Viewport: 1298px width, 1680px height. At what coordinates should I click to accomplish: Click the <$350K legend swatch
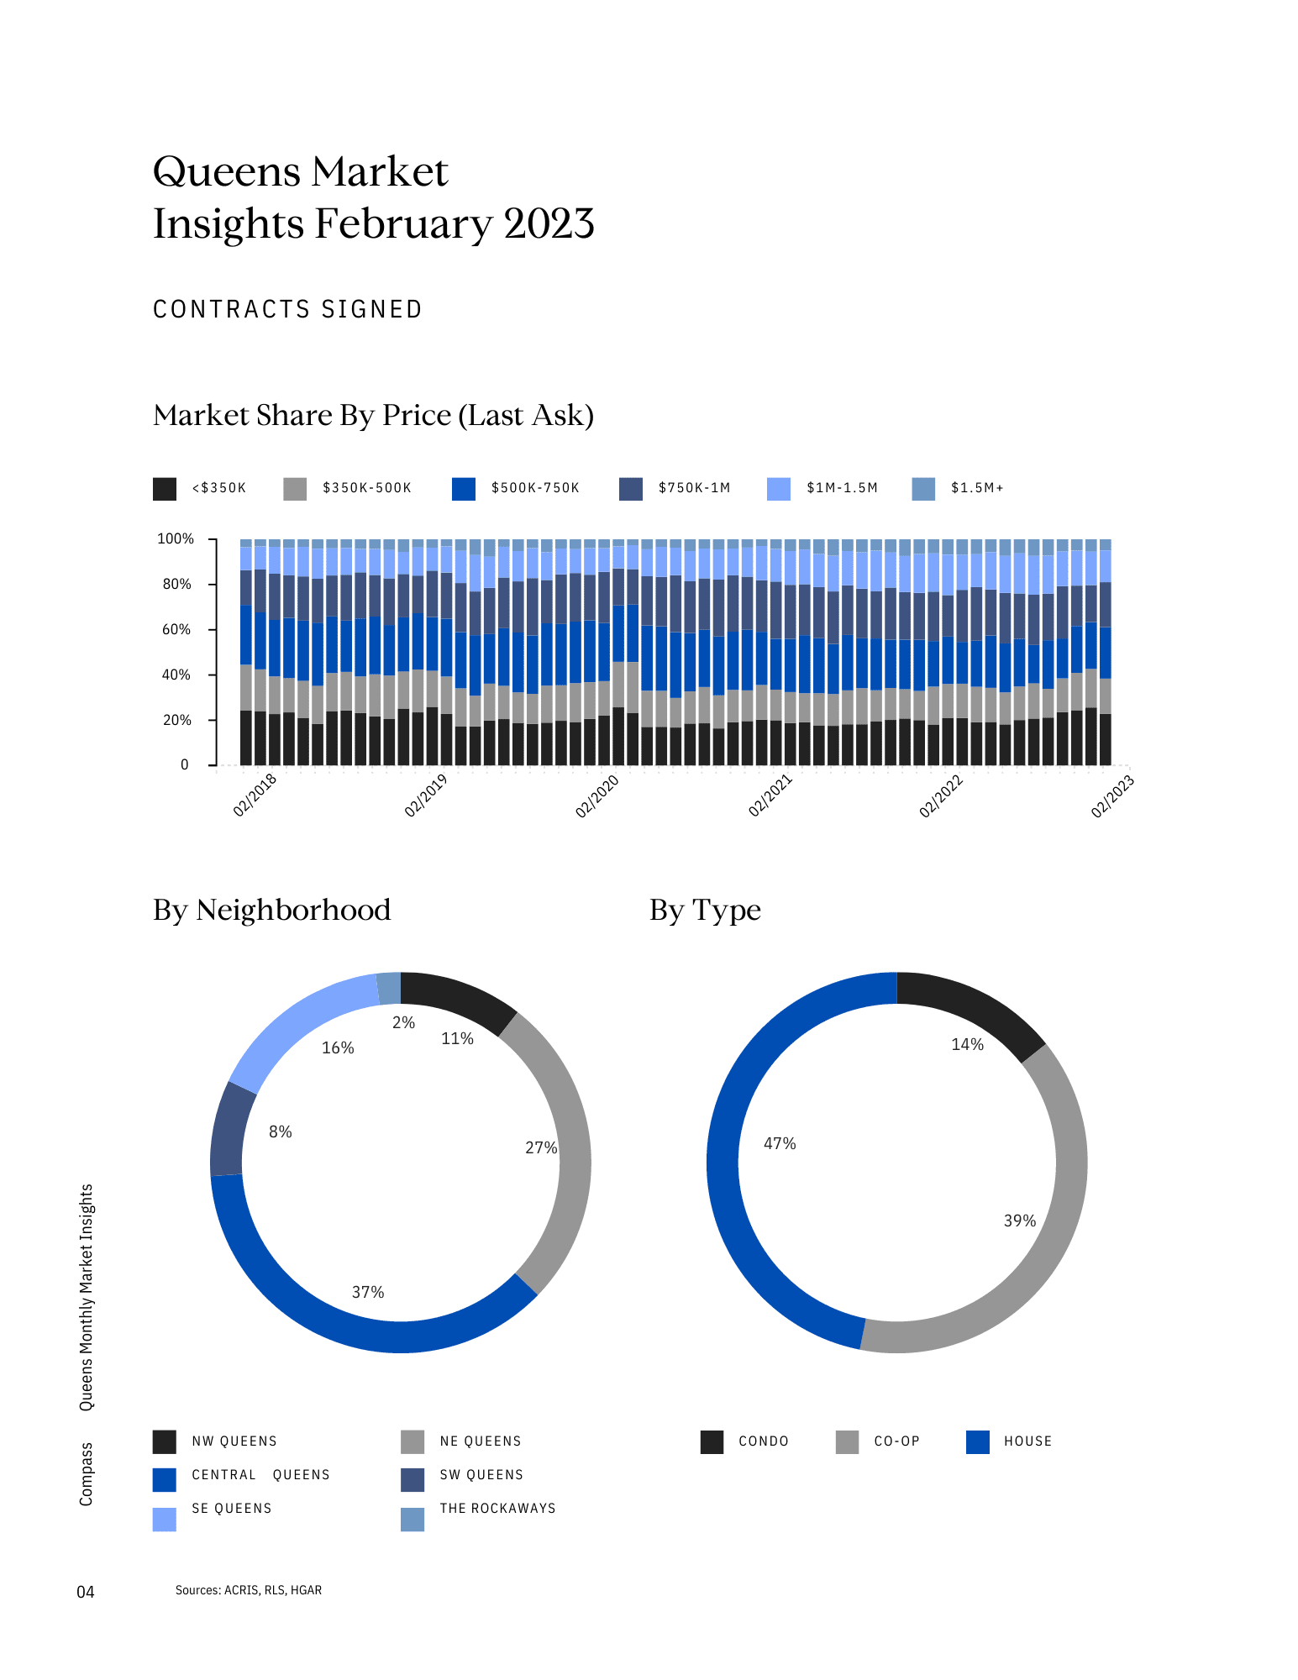[165, 489]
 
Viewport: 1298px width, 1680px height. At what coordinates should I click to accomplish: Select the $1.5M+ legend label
[977, 488]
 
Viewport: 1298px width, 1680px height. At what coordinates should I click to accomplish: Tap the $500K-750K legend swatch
[464, 489]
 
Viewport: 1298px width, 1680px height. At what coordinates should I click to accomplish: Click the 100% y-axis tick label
[176, 538]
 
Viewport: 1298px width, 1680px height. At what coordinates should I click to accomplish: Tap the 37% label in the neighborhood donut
[368, 1292]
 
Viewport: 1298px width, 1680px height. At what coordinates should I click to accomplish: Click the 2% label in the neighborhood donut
[404, 1022]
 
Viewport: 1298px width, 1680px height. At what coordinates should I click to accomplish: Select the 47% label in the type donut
[780, 1143]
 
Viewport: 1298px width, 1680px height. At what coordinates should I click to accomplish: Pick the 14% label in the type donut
[967, 1044]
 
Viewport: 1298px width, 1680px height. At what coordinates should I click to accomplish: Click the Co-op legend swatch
[848, 1441]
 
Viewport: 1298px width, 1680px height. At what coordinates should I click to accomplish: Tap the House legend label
[1027, 1441]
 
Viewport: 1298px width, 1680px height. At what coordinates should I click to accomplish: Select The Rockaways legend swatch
[413, 1520]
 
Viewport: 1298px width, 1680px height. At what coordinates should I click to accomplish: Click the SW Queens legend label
[481, 1475]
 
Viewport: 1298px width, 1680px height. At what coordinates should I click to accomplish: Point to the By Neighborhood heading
[272, 910]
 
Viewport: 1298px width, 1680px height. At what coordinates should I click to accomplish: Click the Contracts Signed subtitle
[287, 310]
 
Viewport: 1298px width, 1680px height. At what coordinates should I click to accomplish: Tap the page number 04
[86, 1592]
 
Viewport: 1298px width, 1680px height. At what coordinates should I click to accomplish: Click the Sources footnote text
[249, 1590]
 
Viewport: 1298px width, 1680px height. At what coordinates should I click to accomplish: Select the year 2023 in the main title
[549, 224]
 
